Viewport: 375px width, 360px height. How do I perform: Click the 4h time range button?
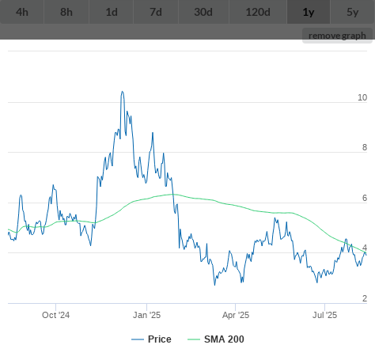pos(22,12)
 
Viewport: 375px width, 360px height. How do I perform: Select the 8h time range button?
pos(66,12)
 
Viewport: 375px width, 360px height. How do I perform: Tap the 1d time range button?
pos(112,12)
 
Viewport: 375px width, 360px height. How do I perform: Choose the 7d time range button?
pos(156,12)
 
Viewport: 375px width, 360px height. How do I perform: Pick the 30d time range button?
pos(203,12)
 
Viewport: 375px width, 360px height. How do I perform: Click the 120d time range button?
pos(258,12)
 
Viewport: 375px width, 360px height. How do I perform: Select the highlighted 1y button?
pos(309,12)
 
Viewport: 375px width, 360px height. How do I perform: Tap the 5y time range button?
pos(353,12)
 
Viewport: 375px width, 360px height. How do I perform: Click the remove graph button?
pos(337,36)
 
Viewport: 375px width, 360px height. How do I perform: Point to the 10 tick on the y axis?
pos(362,97)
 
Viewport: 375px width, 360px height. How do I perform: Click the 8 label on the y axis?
pos(365,147)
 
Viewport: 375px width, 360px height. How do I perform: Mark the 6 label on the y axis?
pos(365,198)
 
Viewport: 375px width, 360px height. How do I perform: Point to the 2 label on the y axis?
pos(365,298)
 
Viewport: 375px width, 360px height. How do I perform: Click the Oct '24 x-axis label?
pos(56,315)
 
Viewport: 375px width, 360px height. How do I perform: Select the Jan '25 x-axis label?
pos(146,315)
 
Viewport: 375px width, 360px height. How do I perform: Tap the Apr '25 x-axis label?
pos(236,315)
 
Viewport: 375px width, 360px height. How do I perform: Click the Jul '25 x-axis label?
pos(324,315)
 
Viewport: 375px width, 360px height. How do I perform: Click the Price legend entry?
pos(151,339)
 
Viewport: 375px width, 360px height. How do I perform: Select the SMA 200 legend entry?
pos(216,339)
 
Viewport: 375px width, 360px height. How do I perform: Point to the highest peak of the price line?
pos(122,92)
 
